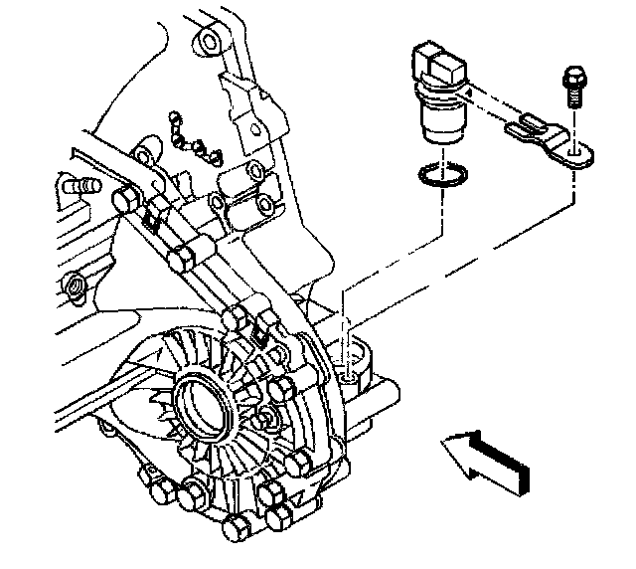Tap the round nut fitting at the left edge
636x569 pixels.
[x=76, y=288]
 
